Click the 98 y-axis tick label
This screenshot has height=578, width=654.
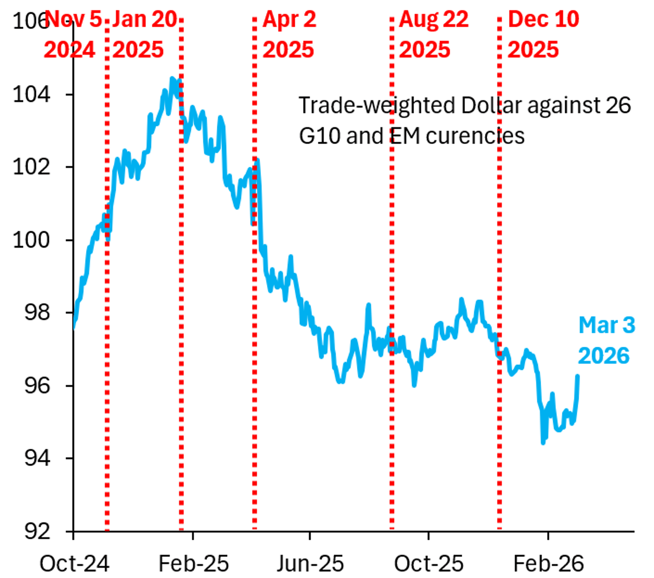click(x=36, y=312)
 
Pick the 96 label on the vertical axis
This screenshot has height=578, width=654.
click(x=36, y=386)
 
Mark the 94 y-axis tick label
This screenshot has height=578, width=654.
click(x=36, y=458)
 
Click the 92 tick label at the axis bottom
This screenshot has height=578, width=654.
click(x=36, y=531)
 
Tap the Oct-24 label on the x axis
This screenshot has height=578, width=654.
click(x=75, y=563)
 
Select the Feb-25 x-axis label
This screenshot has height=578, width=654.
click(x=193, y=563)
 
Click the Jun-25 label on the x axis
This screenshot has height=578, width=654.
click(x=310, y=563)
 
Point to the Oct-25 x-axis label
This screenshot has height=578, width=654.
click(x=428, y=563)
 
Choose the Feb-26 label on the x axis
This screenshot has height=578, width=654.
click(x=548, y=563)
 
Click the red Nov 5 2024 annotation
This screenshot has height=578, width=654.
click(x=71, y=34)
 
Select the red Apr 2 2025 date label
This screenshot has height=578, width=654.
click(x=288, y=34)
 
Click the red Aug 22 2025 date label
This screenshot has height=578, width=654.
click(x=433, y=34)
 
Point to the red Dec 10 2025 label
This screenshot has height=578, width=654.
click(x=543, y=34)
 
